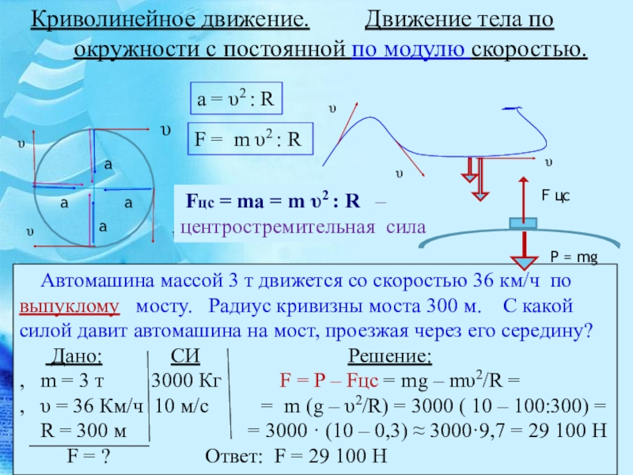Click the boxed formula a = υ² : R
tap(236, 98)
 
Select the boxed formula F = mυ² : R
tap(250, 139)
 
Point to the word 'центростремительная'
tap(278, 227)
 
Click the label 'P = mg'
tap(574, 257)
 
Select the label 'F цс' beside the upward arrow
tap(555, 196)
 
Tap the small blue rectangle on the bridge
tap(523, 223)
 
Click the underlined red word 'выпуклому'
tap(70, 307)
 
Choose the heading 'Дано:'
tap(74, 356)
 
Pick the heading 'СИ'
tap(185, 356)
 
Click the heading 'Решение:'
tap(390, 356)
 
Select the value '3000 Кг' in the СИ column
tap(186, 381)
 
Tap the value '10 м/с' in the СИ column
tap(182, 405)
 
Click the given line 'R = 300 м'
tap(84, 431)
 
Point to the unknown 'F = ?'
tap(89, 456)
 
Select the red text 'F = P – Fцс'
tap(329, 381)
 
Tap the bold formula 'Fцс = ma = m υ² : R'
tap(273, 201)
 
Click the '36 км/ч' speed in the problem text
tap(506, 281)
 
